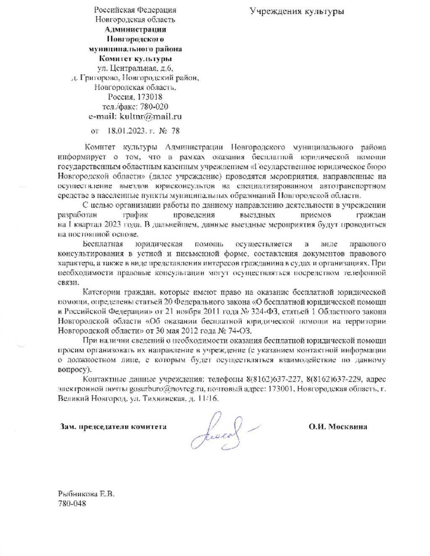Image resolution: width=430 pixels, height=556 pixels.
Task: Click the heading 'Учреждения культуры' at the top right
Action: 297,11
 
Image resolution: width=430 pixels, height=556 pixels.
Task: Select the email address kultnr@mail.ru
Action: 151,117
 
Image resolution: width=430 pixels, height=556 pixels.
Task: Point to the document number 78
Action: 175,131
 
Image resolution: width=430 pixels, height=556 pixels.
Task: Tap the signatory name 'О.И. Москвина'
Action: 338,427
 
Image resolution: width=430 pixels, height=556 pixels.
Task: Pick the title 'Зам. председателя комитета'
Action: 113,427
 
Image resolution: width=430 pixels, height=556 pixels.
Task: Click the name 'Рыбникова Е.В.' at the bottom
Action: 86,494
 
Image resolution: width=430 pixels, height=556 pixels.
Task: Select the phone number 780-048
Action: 72,503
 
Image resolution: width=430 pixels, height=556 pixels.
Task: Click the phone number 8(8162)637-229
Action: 334,379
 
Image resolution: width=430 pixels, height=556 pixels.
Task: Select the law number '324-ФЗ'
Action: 263,312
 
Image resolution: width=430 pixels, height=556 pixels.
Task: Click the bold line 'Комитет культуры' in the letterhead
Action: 135,59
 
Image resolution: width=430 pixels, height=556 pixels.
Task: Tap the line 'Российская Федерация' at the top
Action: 135,10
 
